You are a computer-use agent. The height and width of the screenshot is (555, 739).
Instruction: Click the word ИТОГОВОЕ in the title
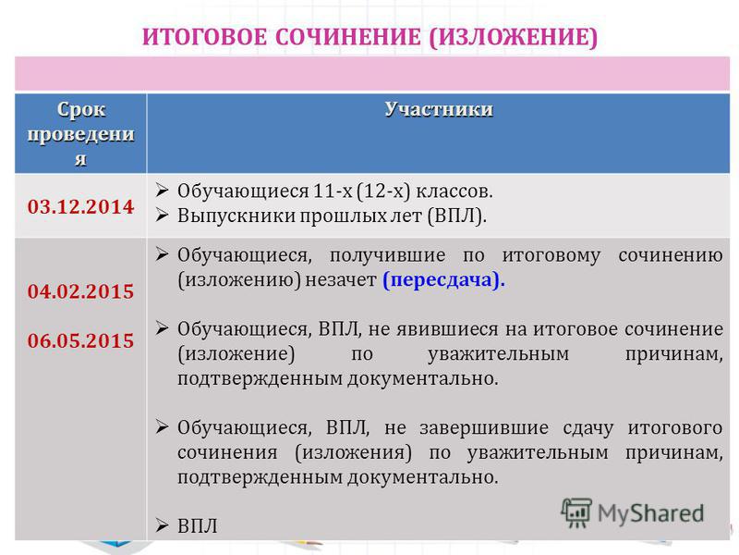click(205, 37)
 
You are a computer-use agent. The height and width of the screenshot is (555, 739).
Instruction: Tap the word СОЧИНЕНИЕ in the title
click(348, 37)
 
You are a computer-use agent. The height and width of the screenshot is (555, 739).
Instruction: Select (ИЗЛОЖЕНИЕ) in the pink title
click(514, 38)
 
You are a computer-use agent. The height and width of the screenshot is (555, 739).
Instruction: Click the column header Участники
click(439, 109)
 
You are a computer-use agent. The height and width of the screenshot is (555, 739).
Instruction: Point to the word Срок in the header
click(80, 109)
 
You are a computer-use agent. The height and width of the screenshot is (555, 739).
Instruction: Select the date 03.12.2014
click(80, 206)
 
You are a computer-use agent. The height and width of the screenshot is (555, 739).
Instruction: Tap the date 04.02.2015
click(80, 291)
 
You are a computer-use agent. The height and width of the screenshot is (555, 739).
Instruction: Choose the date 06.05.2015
click(80, 340)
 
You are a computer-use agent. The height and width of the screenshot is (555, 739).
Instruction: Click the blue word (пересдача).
click(443, 280)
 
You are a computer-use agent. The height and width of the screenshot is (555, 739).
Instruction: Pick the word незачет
click(341, 280)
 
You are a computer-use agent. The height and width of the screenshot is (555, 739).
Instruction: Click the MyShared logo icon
click(575, 512)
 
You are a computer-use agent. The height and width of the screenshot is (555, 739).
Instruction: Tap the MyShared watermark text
click(651, 513)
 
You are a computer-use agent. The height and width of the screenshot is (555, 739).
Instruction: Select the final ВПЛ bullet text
click(198, 525)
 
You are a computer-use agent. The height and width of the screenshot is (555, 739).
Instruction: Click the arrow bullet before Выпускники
click(162, 215)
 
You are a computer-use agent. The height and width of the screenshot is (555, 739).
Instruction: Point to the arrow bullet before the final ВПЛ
click(162, 524)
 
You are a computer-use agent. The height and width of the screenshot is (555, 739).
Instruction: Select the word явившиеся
click(447, 329)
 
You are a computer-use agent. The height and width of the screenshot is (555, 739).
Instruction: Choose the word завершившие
click(484, 428)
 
